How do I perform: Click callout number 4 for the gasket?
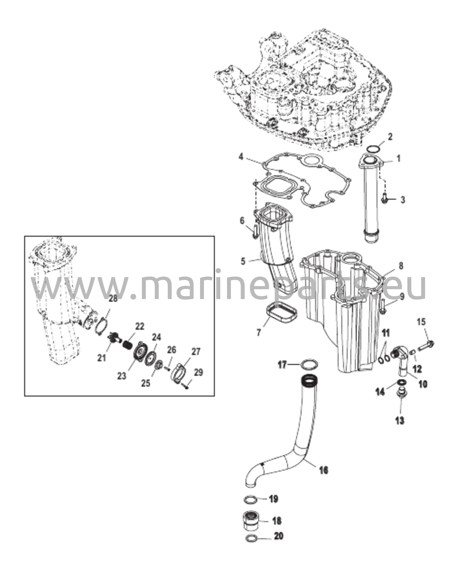[x=241, y=157]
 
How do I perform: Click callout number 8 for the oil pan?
[x=401, y=266]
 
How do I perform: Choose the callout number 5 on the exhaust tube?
[x=243, y=261]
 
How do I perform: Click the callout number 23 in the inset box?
[x=122, y=376]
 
